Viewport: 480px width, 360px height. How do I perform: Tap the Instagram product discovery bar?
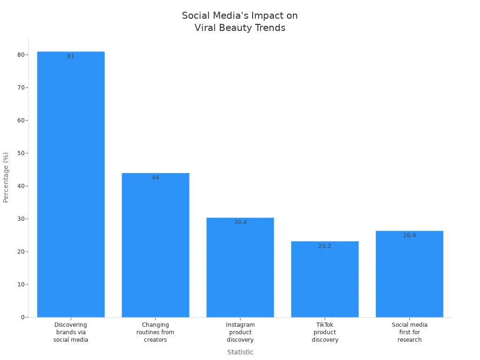(x=240, y=267)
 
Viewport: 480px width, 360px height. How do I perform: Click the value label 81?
(x=71, y=56)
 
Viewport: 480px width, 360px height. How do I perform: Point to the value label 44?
(x=155, y=178)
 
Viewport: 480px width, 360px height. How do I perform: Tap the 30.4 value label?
(x=240, y=222)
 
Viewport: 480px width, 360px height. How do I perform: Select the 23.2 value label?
(x=325, y=246)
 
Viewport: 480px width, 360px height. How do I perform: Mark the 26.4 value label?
(x=409, y=235)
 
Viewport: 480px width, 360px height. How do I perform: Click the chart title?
(x=240, y=22)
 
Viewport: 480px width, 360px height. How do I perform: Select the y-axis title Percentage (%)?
(x=6, y=177)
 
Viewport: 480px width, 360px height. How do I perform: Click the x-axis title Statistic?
(x=240, y=352)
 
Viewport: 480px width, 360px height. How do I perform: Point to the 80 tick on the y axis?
(x=21, y=55)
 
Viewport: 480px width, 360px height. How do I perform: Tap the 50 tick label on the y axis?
(x=21, y=153)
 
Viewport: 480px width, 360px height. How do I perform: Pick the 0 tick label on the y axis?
(x=22, y=317)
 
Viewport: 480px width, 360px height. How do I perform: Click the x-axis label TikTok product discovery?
(x=325, y=332)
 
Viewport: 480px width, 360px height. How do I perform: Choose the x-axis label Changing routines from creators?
(x=155, y=332)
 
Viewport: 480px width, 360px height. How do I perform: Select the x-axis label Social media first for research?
(x=409, y=332)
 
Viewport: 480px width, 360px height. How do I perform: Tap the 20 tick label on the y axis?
(x=21, y=252)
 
